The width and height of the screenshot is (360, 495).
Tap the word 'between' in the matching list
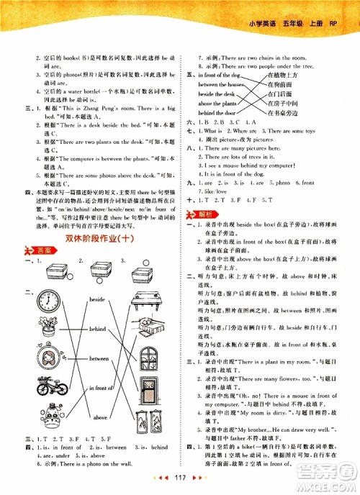[x=98, y=358]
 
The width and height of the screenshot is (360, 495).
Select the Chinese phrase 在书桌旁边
[x=282, y=112]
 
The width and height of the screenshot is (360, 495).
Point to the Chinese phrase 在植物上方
[x=282, y=75]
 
